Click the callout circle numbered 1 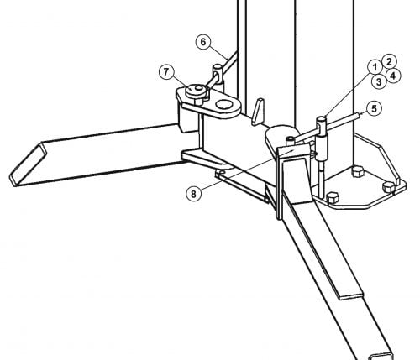(375, 67)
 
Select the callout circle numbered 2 (389, 61)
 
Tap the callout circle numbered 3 (379, 81)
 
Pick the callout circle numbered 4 (393, 76)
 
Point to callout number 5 (375, 108)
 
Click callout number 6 (203, 42)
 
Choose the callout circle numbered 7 (166, 72)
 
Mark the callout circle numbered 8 (193, 194)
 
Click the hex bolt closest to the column (358, 171)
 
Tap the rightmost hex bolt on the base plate (389, 187)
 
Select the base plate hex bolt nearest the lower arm (333, 198)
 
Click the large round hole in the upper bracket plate (224, 105)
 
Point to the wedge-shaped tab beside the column (257, 112)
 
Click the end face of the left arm (28, 164)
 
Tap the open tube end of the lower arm (381, 357)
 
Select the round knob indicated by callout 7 (197, 91)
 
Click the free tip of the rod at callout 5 (357, 115)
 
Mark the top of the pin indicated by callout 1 (322, 120)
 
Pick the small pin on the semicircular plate (291, 139)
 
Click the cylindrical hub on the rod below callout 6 (218, 76)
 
